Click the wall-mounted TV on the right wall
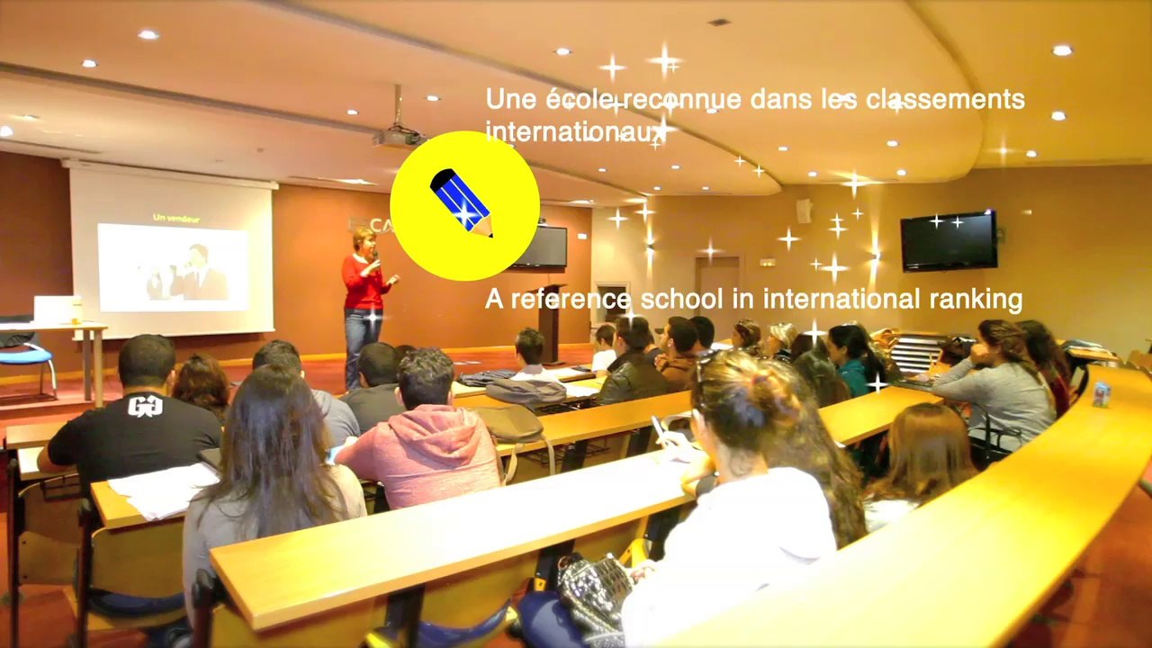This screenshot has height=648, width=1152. (949, 240)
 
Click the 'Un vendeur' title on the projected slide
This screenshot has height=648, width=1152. (175, 217)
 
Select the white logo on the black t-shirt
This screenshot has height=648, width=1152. (145, 406)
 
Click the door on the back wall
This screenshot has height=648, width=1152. (717, 288)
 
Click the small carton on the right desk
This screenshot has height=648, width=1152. (1101, 394)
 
